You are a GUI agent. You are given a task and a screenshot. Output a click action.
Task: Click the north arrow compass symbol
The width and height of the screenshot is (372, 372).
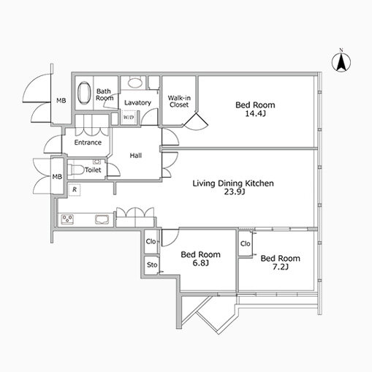(341, 62)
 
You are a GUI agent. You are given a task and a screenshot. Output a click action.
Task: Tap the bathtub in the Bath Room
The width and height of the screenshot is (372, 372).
(84, 93)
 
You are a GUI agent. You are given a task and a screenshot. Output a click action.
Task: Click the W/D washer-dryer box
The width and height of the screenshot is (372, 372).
(129, 118)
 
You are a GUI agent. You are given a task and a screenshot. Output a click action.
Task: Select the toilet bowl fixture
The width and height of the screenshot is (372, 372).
(73, 170)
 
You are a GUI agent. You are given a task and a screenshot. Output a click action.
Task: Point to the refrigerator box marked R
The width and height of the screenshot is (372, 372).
(75, 189)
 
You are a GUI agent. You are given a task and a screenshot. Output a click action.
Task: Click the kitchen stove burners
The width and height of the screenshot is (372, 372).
(67, 219)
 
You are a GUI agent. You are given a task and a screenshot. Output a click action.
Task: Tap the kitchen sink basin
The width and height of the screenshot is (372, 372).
(102, 219)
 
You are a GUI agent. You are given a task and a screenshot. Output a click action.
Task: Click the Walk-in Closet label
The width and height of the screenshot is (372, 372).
(179, 102)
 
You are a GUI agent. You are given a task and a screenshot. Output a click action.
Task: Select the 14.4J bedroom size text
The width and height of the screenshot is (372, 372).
(255, 113)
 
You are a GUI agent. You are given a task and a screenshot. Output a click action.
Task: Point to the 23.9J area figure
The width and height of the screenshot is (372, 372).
(235, 192)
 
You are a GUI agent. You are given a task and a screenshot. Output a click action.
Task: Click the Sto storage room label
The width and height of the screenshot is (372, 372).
(152, 265)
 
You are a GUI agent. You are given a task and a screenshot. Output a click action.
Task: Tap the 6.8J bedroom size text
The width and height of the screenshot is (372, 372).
(200, 263)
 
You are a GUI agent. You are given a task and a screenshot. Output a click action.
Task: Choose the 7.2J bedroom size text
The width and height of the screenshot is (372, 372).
(280, 267)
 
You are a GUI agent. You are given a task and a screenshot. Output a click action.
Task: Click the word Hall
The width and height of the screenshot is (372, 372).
(136, 156)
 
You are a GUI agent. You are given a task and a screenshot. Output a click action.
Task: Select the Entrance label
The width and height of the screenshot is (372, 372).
(88, 143)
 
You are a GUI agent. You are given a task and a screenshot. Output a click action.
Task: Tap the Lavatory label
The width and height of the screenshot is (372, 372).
(137, 103)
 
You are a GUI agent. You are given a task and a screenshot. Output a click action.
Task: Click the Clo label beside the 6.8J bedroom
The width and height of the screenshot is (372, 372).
(151, 241)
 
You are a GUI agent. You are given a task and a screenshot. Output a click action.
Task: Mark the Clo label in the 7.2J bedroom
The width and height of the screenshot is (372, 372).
(245, 243)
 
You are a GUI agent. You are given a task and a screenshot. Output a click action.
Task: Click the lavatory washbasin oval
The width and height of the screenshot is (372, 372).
(135, 83)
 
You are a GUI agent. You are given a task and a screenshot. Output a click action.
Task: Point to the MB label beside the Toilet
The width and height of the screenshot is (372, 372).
(57, 176)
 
